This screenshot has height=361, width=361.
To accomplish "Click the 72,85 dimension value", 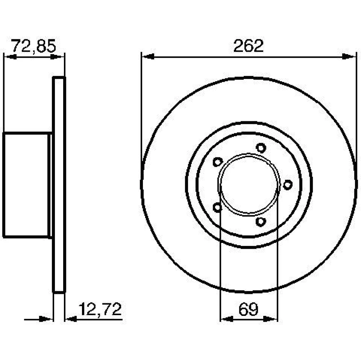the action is click(34, 46).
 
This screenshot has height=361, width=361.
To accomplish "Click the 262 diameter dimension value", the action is click(248, 46).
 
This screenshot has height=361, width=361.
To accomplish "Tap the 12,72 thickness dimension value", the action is click(100, 309).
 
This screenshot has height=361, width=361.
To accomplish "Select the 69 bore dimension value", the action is click(248, 309).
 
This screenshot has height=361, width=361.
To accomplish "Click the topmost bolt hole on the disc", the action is click(261, 148).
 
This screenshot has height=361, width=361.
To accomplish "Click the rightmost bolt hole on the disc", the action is click(288, 184).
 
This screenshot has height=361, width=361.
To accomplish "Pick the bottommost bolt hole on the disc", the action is click(261, 222).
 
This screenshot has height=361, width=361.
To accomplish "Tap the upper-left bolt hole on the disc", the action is click(218, 162).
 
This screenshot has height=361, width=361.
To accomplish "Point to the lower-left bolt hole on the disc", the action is click(217, 207).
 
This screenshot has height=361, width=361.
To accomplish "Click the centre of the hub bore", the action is click(249, 184).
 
